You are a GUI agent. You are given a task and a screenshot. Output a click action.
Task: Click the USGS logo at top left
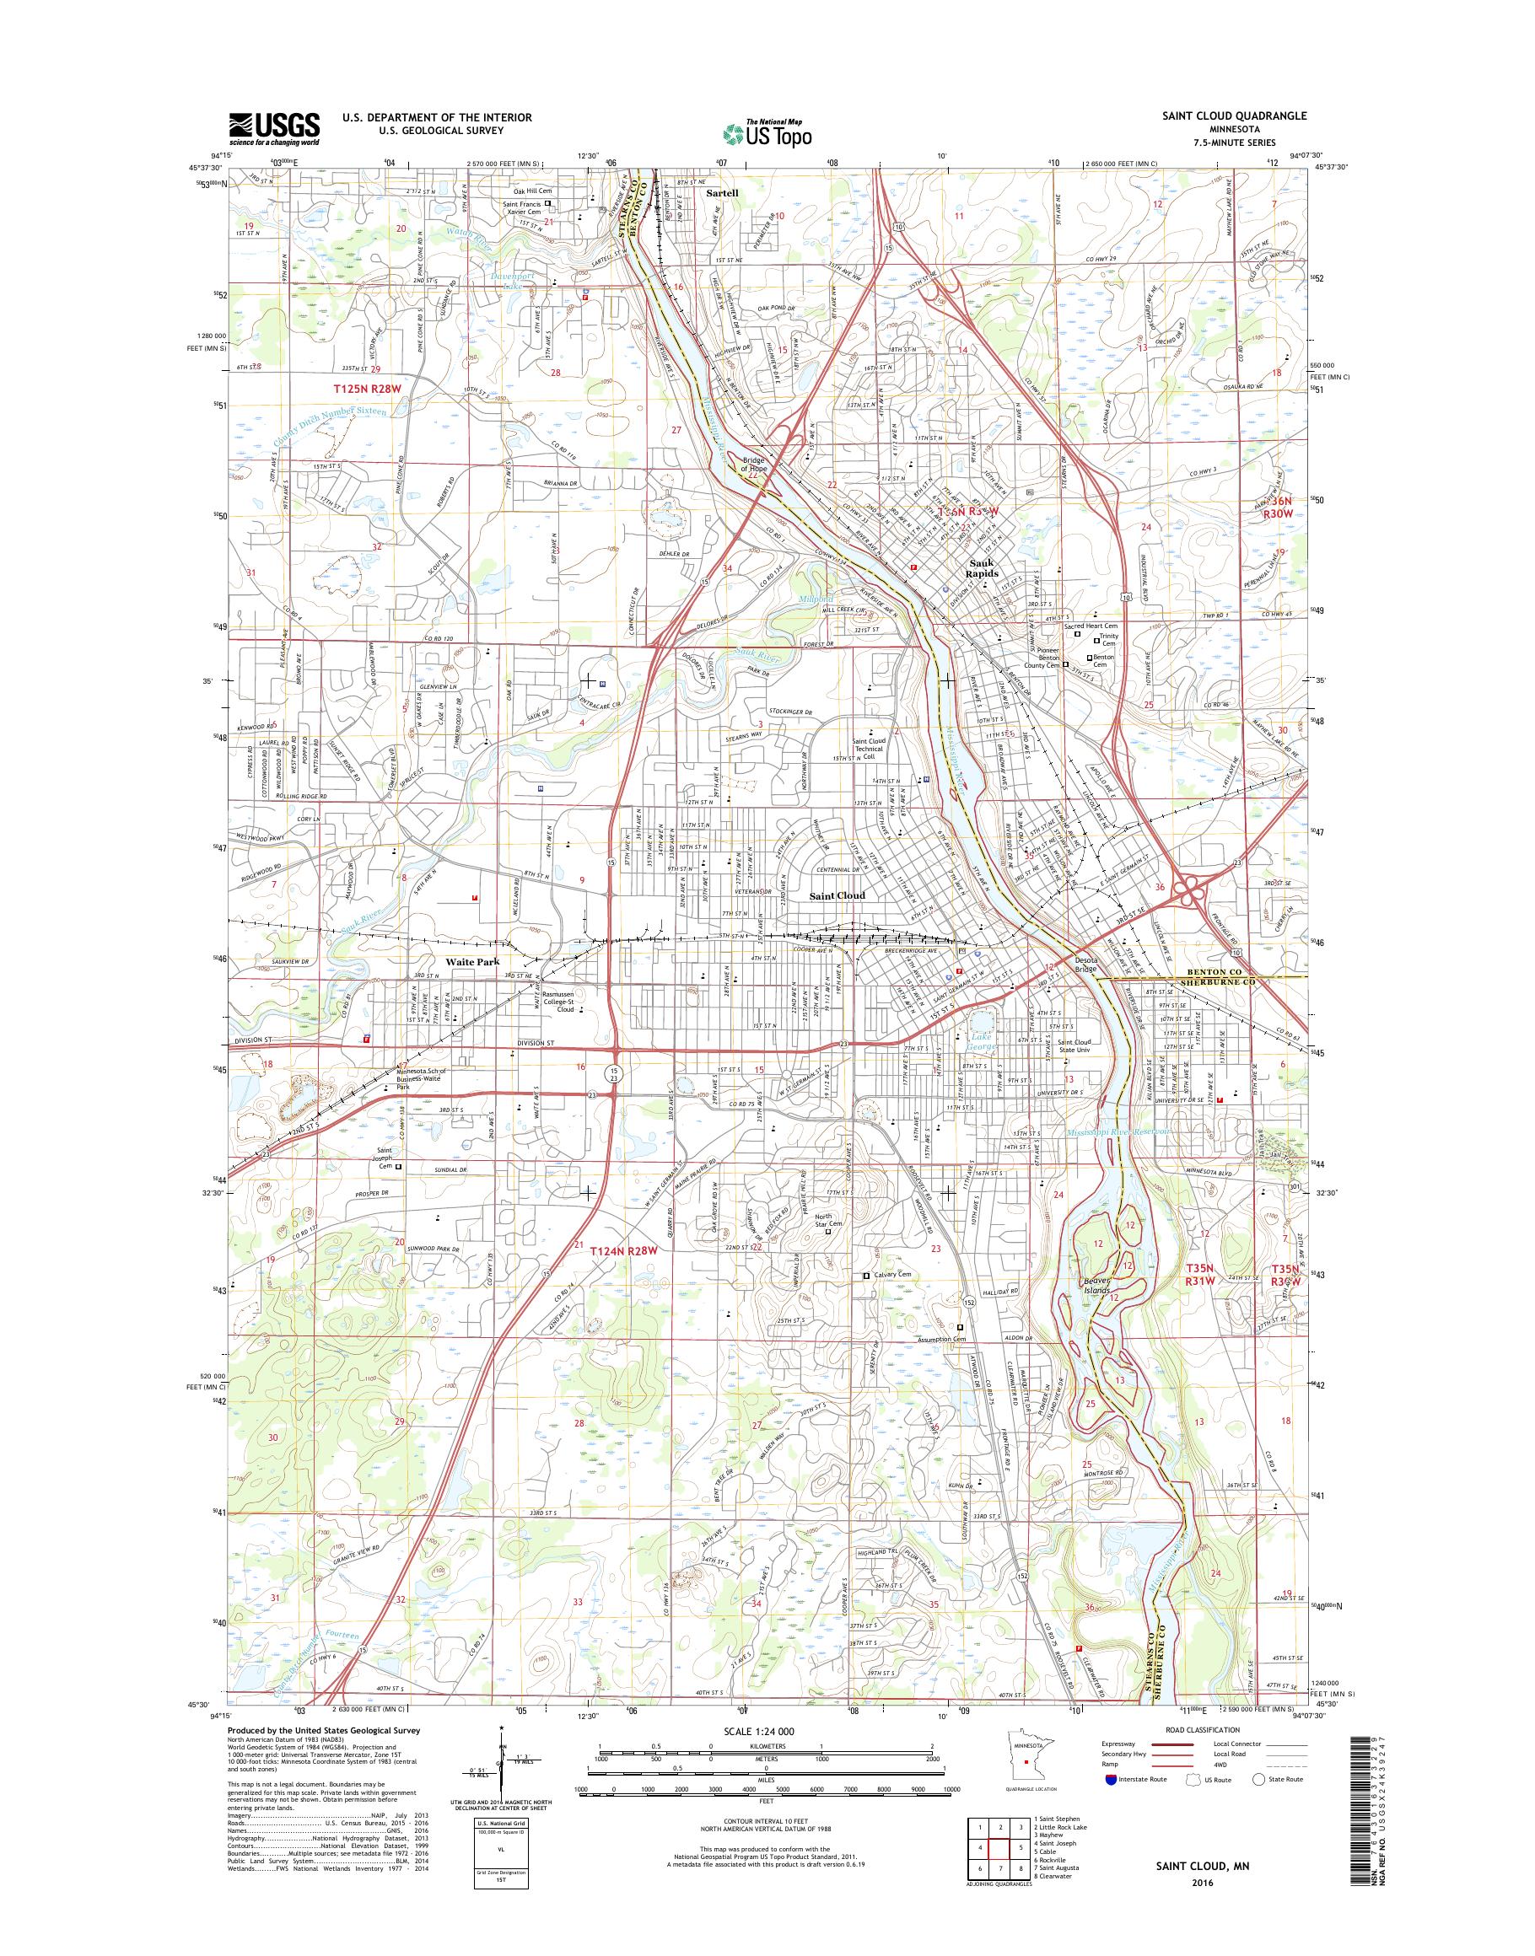pos(275,129)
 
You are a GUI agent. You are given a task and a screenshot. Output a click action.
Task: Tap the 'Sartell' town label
pos(720,193)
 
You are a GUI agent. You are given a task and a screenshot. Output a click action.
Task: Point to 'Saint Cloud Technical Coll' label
pos(868,749)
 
